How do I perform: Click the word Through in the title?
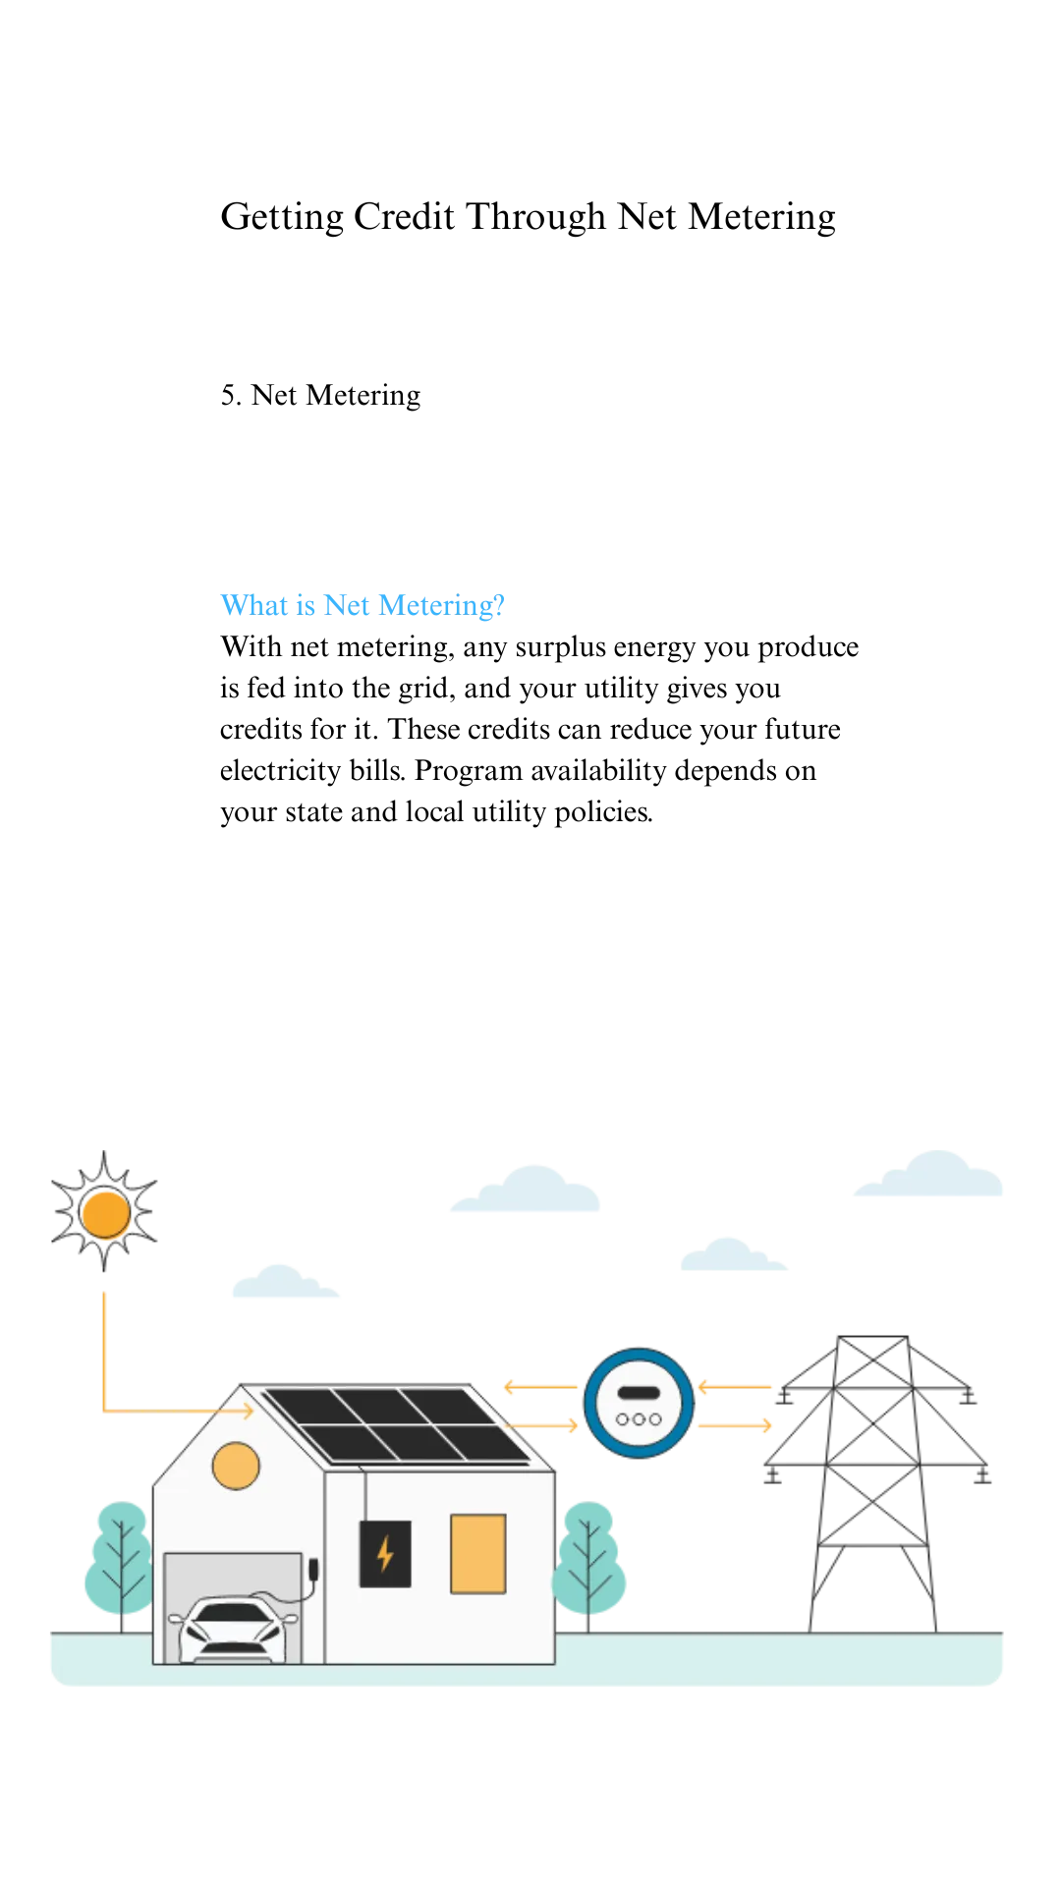click(x=535, y=217)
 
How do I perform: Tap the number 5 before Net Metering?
click(x=230, y=395)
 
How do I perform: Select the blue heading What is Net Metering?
click(x=363, y=605)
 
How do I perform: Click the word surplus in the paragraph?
click(x=561, y=647)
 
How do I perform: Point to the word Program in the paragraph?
click(x=468, y=771)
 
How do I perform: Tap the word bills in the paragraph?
click(x=377, y=770)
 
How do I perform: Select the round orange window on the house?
click(x=236, y=1467)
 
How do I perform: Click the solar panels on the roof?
click(x=397, y=1425)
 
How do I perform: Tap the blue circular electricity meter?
click(x=639, y=1404)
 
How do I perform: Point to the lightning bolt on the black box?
click(x=385, y=1554)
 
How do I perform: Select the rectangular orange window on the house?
click(x=478, y=1554)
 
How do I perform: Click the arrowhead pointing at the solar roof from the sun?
click(x=248, y=1412)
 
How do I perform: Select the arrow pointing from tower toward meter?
click(x=735, y=1387)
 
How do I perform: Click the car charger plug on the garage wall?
click(x=313, y=1569)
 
